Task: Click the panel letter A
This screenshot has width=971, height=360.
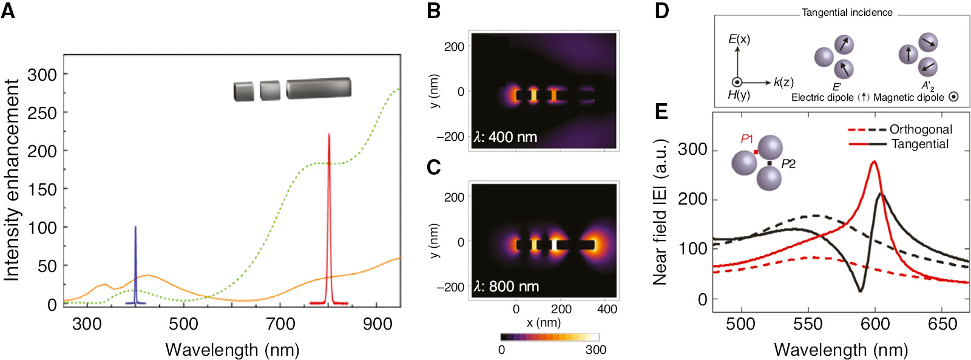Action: (x=8, y=10)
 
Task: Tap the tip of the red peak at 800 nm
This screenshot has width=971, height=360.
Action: (x=329, y=135)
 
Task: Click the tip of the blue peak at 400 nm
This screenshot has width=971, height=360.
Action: (x=135, y=227)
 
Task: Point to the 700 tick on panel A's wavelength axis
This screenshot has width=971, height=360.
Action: (x=280, y=324)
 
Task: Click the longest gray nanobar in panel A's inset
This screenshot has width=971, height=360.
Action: (x=319, y=88)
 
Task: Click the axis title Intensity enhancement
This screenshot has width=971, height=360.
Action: (x=12, y=180)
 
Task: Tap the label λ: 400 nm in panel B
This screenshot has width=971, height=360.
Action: (x=506, y=137)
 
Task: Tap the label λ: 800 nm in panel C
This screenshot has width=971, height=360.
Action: (x=506, y=287)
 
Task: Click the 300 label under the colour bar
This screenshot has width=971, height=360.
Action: (x=595, y=350)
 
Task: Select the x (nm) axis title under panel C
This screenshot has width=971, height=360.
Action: (x=543, y=323)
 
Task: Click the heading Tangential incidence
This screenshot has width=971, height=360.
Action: (x=847, y=12)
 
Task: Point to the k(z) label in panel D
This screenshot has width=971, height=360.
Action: (x=783, y=83)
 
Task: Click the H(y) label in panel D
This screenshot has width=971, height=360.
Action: (x=739, y=95)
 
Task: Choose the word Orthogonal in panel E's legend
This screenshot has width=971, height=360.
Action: (x=921, y=129)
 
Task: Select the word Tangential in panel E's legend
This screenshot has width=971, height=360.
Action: (x=920, y=144)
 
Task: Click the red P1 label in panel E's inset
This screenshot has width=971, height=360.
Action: (x=747, y=140)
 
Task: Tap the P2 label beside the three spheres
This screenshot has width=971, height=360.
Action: (x=788, y=164)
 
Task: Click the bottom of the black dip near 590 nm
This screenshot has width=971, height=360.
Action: (x=860, y=291)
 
